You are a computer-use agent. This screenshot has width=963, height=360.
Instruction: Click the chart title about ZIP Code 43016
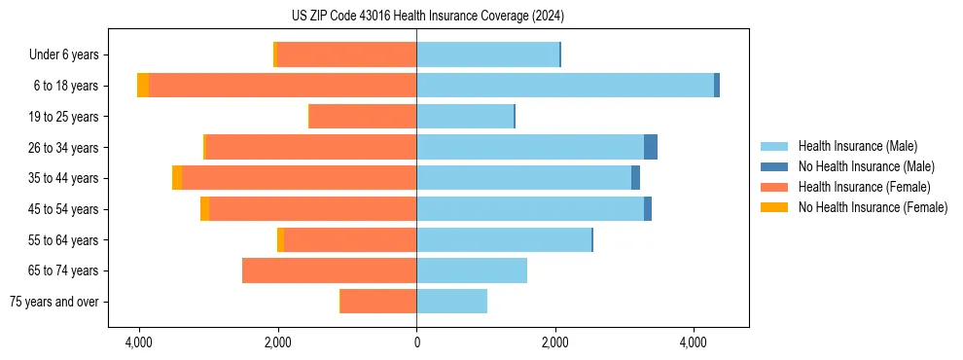click(427, 17)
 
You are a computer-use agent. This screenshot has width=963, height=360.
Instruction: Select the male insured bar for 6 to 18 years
click(564, 86)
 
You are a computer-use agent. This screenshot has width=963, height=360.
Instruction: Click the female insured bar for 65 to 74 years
click(329, 270)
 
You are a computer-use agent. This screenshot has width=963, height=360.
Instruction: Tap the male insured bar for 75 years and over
click(451, 302)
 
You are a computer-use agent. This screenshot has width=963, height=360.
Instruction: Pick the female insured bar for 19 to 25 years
click(362, 117)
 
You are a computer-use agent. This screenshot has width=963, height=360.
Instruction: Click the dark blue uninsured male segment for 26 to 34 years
click(651, 147)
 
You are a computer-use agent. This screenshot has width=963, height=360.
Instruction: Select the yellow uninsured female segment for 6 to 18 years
click(143, 86)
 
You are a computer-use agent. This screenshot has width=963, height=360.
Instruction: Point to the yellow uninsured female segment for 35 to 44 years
click(177, 178)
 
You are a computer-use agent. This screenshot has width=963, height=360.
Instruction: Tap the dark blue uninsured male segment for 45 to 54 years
click(648, 209)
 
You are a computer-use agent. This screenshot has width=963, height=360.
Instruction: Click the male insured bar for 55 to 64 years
click(504, 239)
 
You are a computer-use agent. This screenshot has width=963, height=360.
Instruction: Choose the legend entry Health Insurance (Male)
click(857, 146)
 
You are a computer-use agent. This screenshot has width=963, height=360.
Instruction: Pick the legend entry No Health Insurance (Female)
click(873, 207)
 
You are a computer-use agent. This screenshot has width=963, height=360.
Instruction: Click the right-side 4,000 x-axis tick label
click(694, 342)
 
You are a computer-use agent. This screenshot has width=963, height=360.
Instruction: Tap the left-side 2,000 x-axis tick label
click(278, 342)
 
